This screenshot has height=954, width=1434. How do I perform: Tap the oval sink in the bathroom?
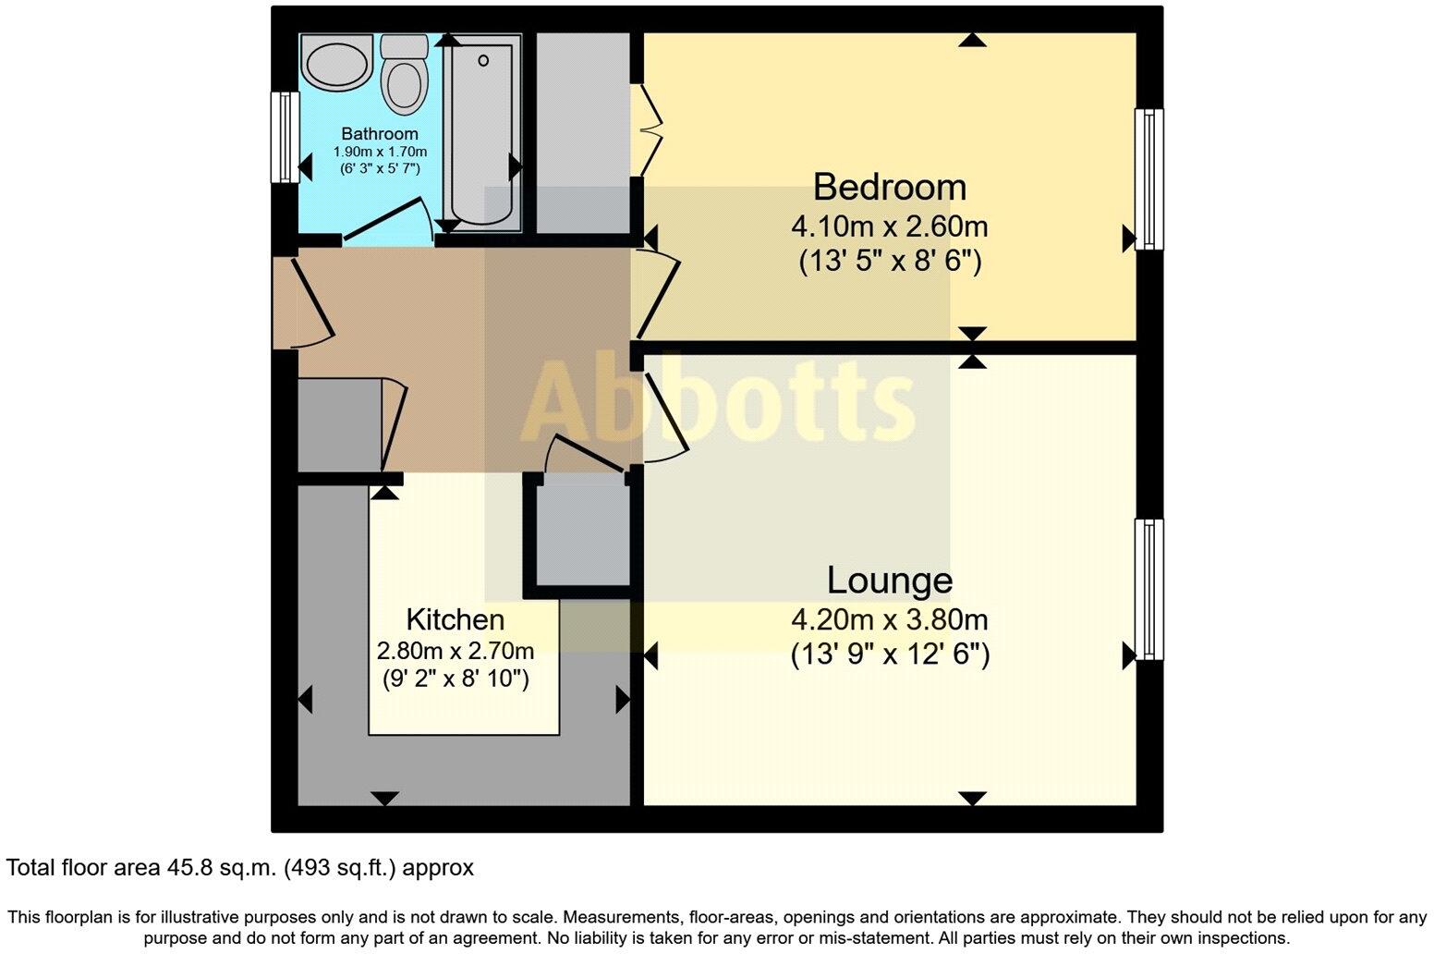(337, 64)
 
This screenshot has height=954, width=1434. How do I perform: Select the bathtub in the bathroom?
(481, 131)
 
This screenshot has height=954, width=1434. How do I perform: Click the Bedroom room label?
(889, 187)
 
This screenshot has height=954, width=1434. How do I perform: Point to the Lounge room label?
(889, 581)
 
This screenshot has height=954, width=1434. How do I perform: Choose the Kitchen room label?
(456, 619)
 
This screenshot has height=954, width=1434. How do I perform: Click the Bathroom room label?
(380, 134)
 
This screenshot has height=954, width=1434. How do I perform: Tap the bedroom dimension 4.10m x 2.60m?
(889, 226)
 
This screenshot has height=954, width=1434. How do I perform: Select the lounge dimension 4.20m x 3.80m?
(889, 619)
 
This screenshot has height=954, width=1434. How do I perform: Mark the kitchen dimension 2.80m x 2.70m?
(456, 651)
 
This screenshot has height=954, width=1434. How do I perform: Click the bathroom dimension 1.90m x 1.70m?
(380, 152)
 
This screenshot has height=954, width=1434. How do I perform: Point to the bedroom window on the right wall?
(1148, 179)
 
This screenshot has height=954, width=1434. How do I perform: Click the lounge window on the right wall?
(1148, 589)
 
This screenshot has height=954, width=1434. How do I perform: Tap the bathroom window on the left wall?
(286, 137)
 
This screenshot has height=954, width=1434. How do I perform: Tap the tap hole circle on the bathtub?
(482, 61)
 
